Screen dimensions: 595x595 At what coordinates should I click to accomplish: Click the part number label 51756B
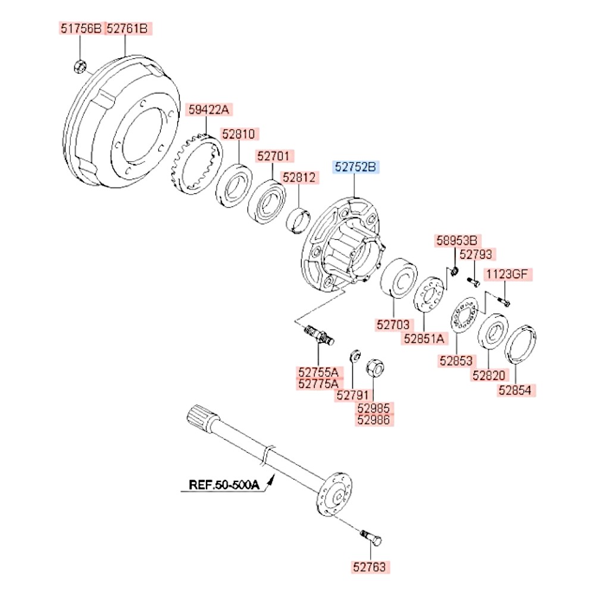coord(80,28)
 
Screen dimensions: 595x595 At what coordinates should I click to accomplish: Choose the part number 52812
coord(300,177)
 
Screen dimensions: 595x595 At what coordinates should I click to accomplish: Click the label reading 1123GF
coord(508,274)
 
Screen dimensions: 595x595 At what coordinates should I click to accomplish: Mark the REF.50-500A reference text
coord(224,484)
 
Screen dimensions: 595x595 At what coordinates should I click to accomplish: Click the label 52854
coord(517,390)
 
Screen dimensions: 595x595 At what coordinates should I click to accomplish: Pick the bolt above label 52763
coord(372,537)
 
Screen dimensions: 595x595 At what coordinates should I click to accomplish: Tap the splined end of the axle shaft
coord(198,416)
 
